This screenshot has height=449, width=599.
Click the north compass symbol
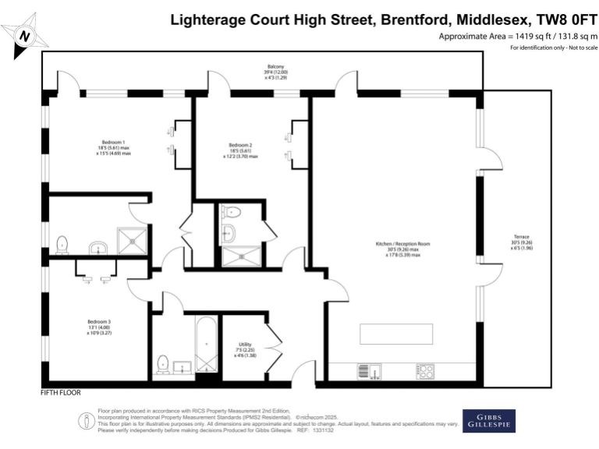[x=24, y=36]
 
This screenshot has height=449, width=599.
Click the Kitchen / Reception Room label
[x=402, y=244]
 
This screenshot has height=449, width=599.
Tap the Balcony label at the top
[x=275, y=68]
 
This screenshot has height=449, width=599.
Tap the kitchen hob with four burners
[x=425, y=369]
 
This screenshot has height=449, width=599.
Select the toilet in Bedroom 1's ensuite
[x=62, y=245]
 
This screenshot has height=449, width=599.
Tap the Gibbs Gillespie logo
[x=488, y=420]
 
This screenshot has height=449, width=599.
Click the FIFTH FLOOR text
[x=61, y=393]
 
